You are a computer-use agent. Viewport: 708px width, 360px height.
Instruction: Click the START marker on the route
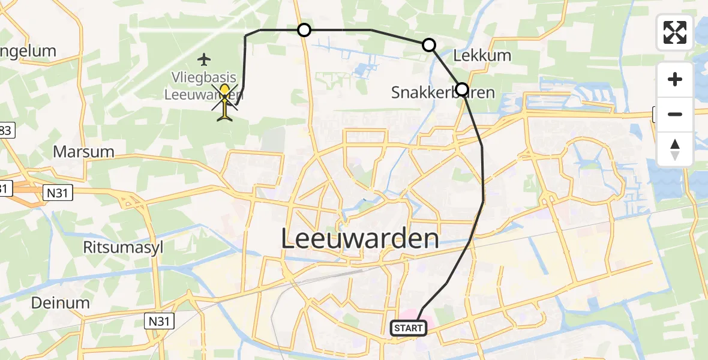(x=409, y=328)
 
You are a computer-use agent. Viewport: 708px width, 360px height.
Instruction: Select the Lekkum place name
(x=482, y=56)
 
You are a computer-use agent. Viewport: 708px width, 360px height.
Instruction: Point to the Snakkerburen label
(x=434, y=92)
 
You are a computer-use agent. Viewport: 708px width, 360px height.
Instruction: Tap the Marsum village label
(x=83, y=151)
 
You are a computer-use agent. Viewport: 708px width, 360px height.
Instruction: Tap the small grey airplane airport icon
(x=205, y=59)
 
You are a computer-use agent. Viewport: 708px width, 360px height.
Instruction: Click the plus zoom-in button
(x=675, y=79)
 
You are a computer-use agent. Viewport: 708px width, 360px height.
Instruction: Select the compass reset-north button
(x=675, y=149)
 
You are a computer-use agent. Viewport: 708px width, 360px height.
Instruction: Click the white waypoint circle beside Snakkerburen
(x=461, y=89)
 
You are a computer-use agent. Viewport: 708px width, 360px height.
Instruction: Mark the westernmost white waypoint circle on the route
(x=304, y=30)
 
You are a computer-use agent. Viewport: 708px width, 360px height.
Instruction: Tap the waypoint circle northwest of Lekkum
(x=428, y=45)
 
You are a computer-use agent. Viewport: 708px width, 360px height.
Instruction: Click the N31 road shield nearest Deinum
(x=160, y=322)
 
